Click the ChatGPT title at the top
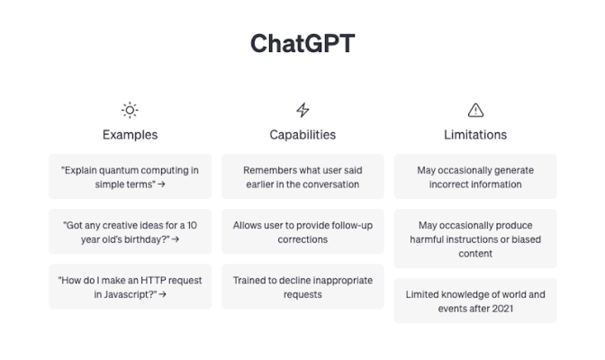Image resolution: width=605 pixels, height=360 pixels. pyautogui.click(x=302, y=44)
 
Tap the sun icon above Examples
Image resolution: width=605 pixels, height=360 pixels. pyautogui.click(x=130, y=110)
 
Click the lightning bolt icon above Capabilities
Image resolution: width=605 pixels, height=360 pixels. pyautogui.click(x=302, y=110)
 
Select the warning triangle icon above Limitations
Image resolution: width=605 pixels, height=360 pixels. pyautogui.click(x=475, y=110)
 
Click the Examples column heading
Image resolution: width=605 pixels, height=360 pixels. pyautogui.click(x=130, y=135)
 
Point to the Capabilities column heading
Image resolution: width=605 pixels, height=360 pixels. pyautogui.click(x=302, y=135)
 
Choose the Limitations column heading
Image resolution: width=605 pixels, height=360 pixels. pyautogui.click(x=475, y=135)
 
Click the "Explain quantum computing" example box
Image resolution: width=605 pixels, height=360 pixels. pyautogui.click(x=130, y=176)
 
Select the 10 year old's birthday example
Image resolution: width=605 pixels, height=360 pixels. pyautogui.click(x=130, y=231)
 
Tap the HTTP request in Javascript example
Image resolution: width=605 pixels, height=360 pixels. pyautogui.click(x=130, y=286)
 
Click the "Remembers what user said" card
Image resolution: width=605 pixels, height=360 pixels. pyautogui.click(x=302, y=176)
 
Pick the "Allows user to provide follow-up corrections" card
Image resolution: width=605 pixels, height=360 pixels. pyautogui.click(x=302, y=231)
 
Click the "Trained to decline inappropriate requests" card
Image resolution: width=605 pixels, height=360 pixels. pyautogui.click(x=302, y=286)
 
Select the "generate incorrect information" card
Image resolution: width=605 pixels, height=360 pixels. pyautogui.click(x=475, y=176)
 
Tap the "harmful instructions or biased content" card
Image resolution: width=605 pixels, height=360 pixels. pyautogui.click(x=475, y=238)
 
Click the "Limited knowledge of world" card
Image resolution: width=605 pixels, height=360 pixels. pyautogui.click(x=475, y=301)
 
